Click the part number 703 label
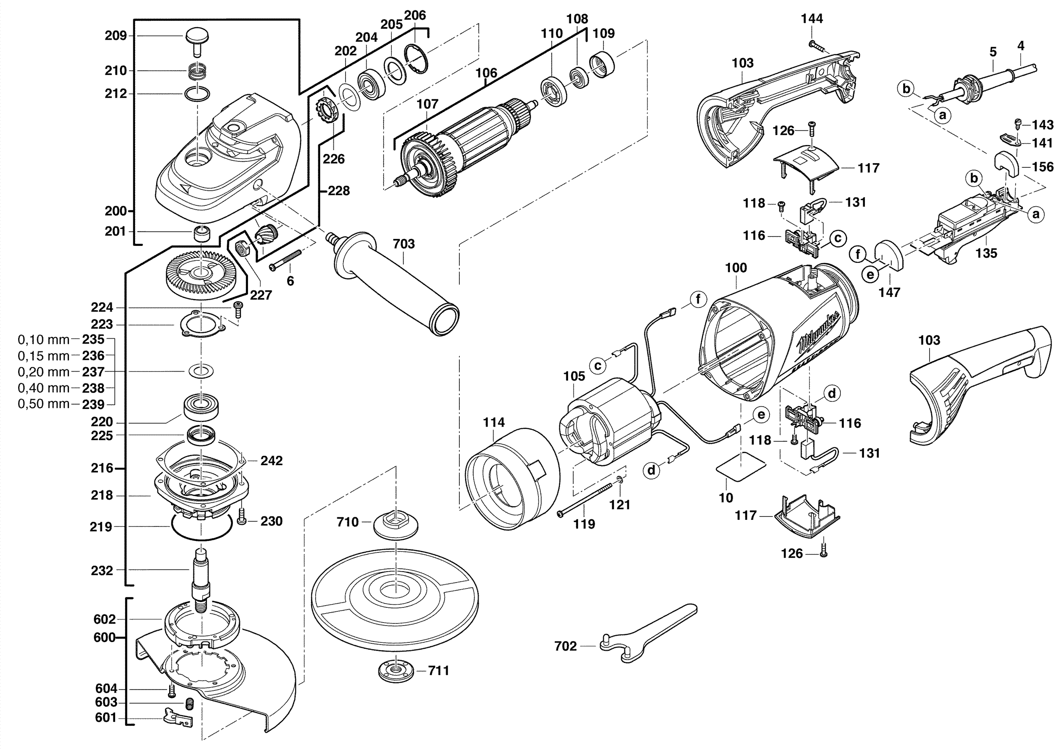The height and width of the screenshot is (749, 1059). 404,243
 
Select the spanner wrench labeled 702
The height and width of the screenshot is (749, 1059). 646,634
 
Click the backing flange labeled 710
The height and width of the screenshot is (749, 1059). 396,523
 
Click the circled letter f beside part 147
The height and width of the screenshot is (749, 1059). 858,254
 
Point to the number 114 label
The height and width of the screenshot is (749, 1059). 493,422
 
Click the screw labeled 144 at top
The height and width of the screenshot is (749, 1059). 819,47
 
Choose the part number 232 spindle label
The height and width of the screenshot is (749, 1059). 102,570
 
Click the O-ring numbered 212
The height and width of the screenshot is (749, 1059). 197,94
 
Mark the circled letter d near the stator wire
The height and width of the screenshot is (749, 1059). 651,470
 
